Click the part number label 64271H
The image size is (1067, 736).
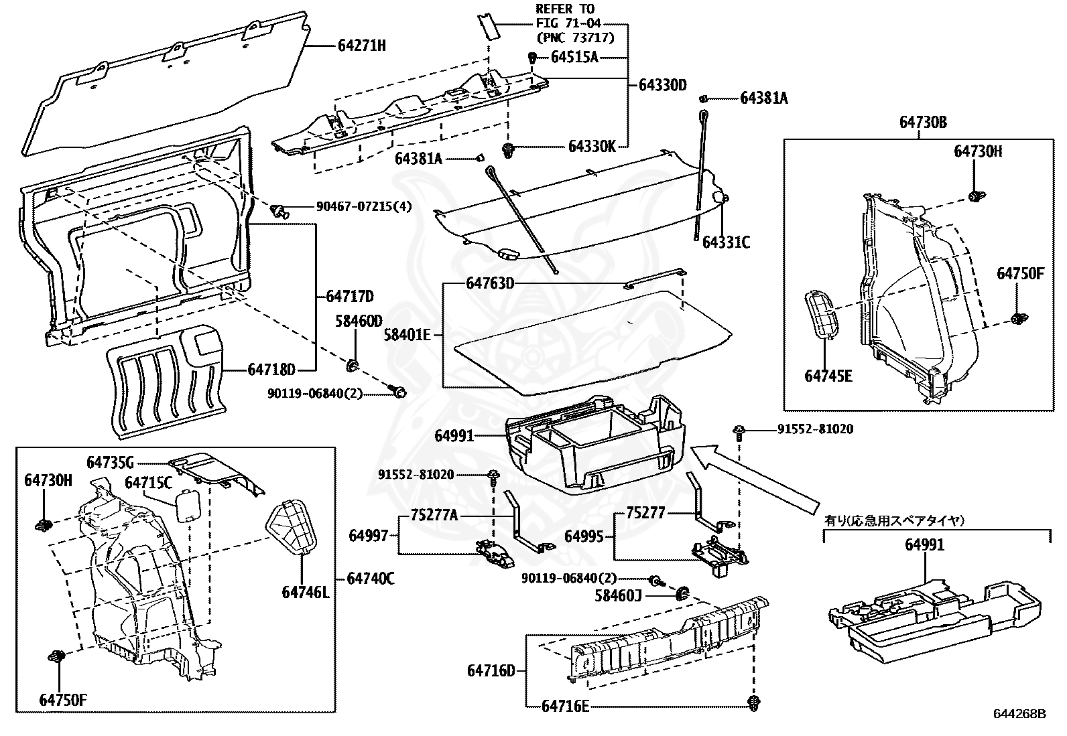[362, 46]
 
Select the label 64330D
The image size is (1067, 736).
[663, 85]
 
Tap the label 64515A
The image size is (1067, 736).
[574, 57]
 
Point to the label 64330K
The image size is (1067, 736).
[591, 146]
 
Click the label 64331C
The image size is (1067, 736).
[726, 242]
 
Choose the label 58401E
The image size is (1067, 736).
[407, 334]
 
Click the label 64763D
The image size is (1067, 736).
[490, 284]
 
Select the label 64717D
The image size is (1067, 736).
[350, 297]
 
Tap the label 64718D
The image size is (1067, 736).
[271, 369]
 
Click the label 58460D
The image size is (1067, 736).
[359, 321]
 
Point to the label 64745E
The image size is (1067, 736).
[828, 376]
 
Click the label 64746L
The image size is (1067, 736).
[306, 592]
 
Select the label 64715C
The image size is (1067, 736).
[149, 483]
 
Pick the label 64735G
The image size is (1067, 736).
[111, 463]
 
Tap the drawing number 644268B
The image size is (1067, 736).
[1019, 713]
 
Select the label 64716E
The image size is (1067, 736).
[565, 705]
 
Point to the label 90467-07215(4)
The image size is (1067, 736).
[364, 207]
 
